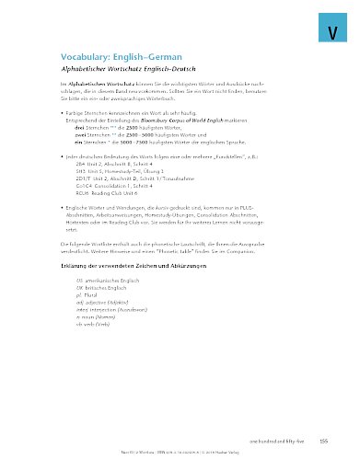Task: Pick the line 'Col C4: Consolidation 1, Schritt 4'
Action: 116,187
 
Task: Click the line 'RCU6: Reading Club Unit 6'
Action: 108,194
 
